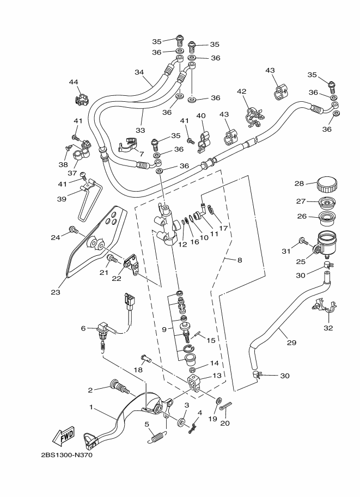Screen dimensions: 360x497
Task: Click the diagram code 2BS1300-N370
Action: (x=67, y=456)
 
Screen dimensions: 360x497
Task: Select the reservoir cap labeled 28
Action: (x=327, y=185)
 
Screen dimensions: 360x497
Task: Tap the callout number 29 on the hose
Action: (x=291, y=342)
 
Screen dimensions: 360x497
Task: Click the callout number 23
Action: (x=56, y=292)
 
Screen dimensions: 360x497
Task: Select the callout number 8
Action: (x=240, y=260)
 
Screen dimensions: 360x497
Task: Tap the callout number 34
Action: (x=139, y=72)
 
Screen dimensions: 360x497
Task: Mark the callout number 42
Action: (x=241, y=91)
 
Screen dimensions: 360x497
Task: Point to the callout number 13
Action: (x=217, y=375)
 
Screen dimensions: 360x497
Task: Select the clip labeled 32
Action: (x=325, y=305)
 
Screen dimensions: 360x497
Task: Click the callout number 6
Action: (x=83, y=328)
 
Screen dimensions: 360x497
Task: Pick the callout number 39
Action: (x=62, y=199)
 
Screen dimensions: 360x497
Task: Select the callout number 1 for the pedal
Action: (x=91, y=407)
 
